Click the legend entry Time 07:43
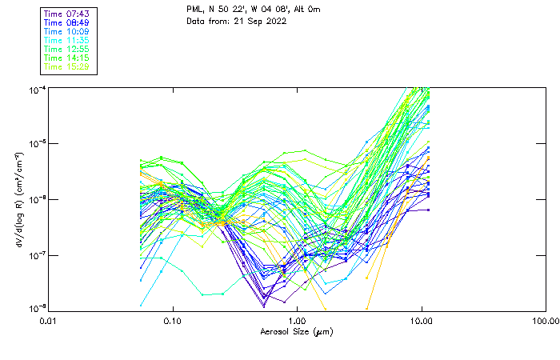[x=67, y=14]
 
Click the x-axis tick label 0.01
[x=48, y=320]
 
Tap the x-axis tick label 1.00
[x=297, y=320]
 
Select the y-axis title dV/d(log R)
[x=18, y=198]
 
